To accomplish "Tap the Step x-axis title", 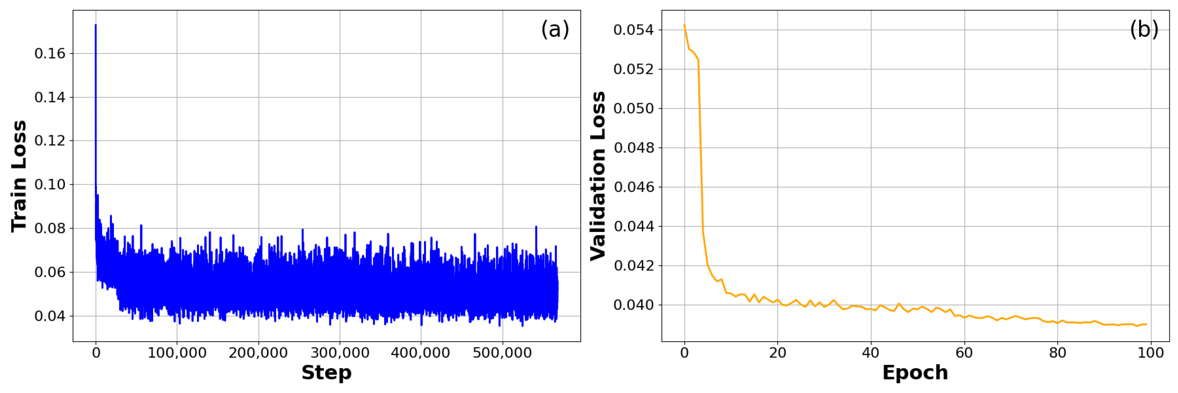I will [327, 373].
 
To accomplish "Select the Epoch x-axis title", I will [915, 373].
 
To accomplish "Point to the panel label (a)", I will [555, 29].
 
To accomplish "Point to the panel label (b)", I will [1144, 29].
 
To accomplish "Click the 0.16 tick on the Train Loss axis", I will [50, 53].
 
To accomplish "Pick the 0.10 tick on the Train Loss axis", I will [50, 184].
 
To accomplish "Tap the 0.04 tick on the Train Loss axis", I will [50, 316].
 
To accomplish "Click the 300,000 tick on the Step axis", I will [340, 353].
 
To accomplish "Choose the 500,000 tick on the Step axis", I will [502, 353].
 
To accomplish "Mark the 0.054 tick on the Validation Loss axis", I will [634, 30].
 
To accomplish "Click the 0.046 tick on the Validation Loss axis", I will [634, 187].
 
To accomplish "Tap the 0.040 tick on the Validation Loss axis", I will [634, 305].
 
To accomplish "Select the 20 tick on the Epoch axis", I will [777, 353].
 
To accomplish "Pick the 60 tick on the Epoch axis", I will [964, 353].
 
